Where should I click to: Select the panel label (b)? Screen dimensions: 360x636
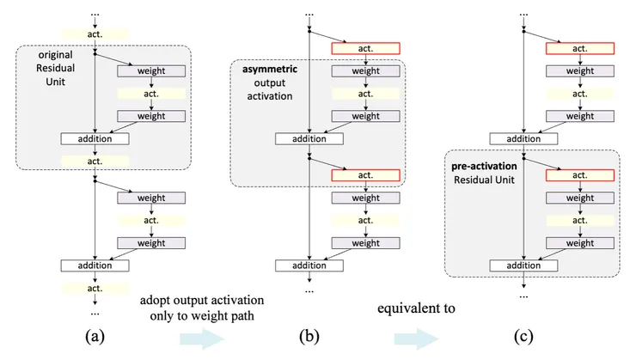[309, 336]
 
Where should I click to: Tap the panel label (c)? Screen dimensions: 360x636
[523, 336]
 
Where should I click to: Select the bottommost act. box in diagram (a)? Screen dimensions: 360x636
[95, 288]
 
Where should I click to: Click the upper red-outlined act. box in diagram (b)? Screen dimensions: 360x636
[366, 49]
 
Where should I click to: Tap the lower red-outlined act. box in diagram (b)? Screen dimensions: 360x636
[366, 175]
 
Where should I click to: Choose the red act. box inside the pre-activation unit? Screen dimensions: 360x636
[580, 175]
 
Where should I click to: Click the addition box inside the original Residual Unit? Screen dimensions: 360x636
[95, 137]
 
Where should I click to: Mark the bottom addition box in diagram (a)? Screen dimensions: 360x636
[95, 265]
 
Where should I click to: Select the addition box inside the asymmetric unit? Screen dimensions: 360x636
[309, 137]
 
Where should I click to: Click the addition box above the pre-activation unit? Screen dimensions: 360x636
[523, 137]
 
